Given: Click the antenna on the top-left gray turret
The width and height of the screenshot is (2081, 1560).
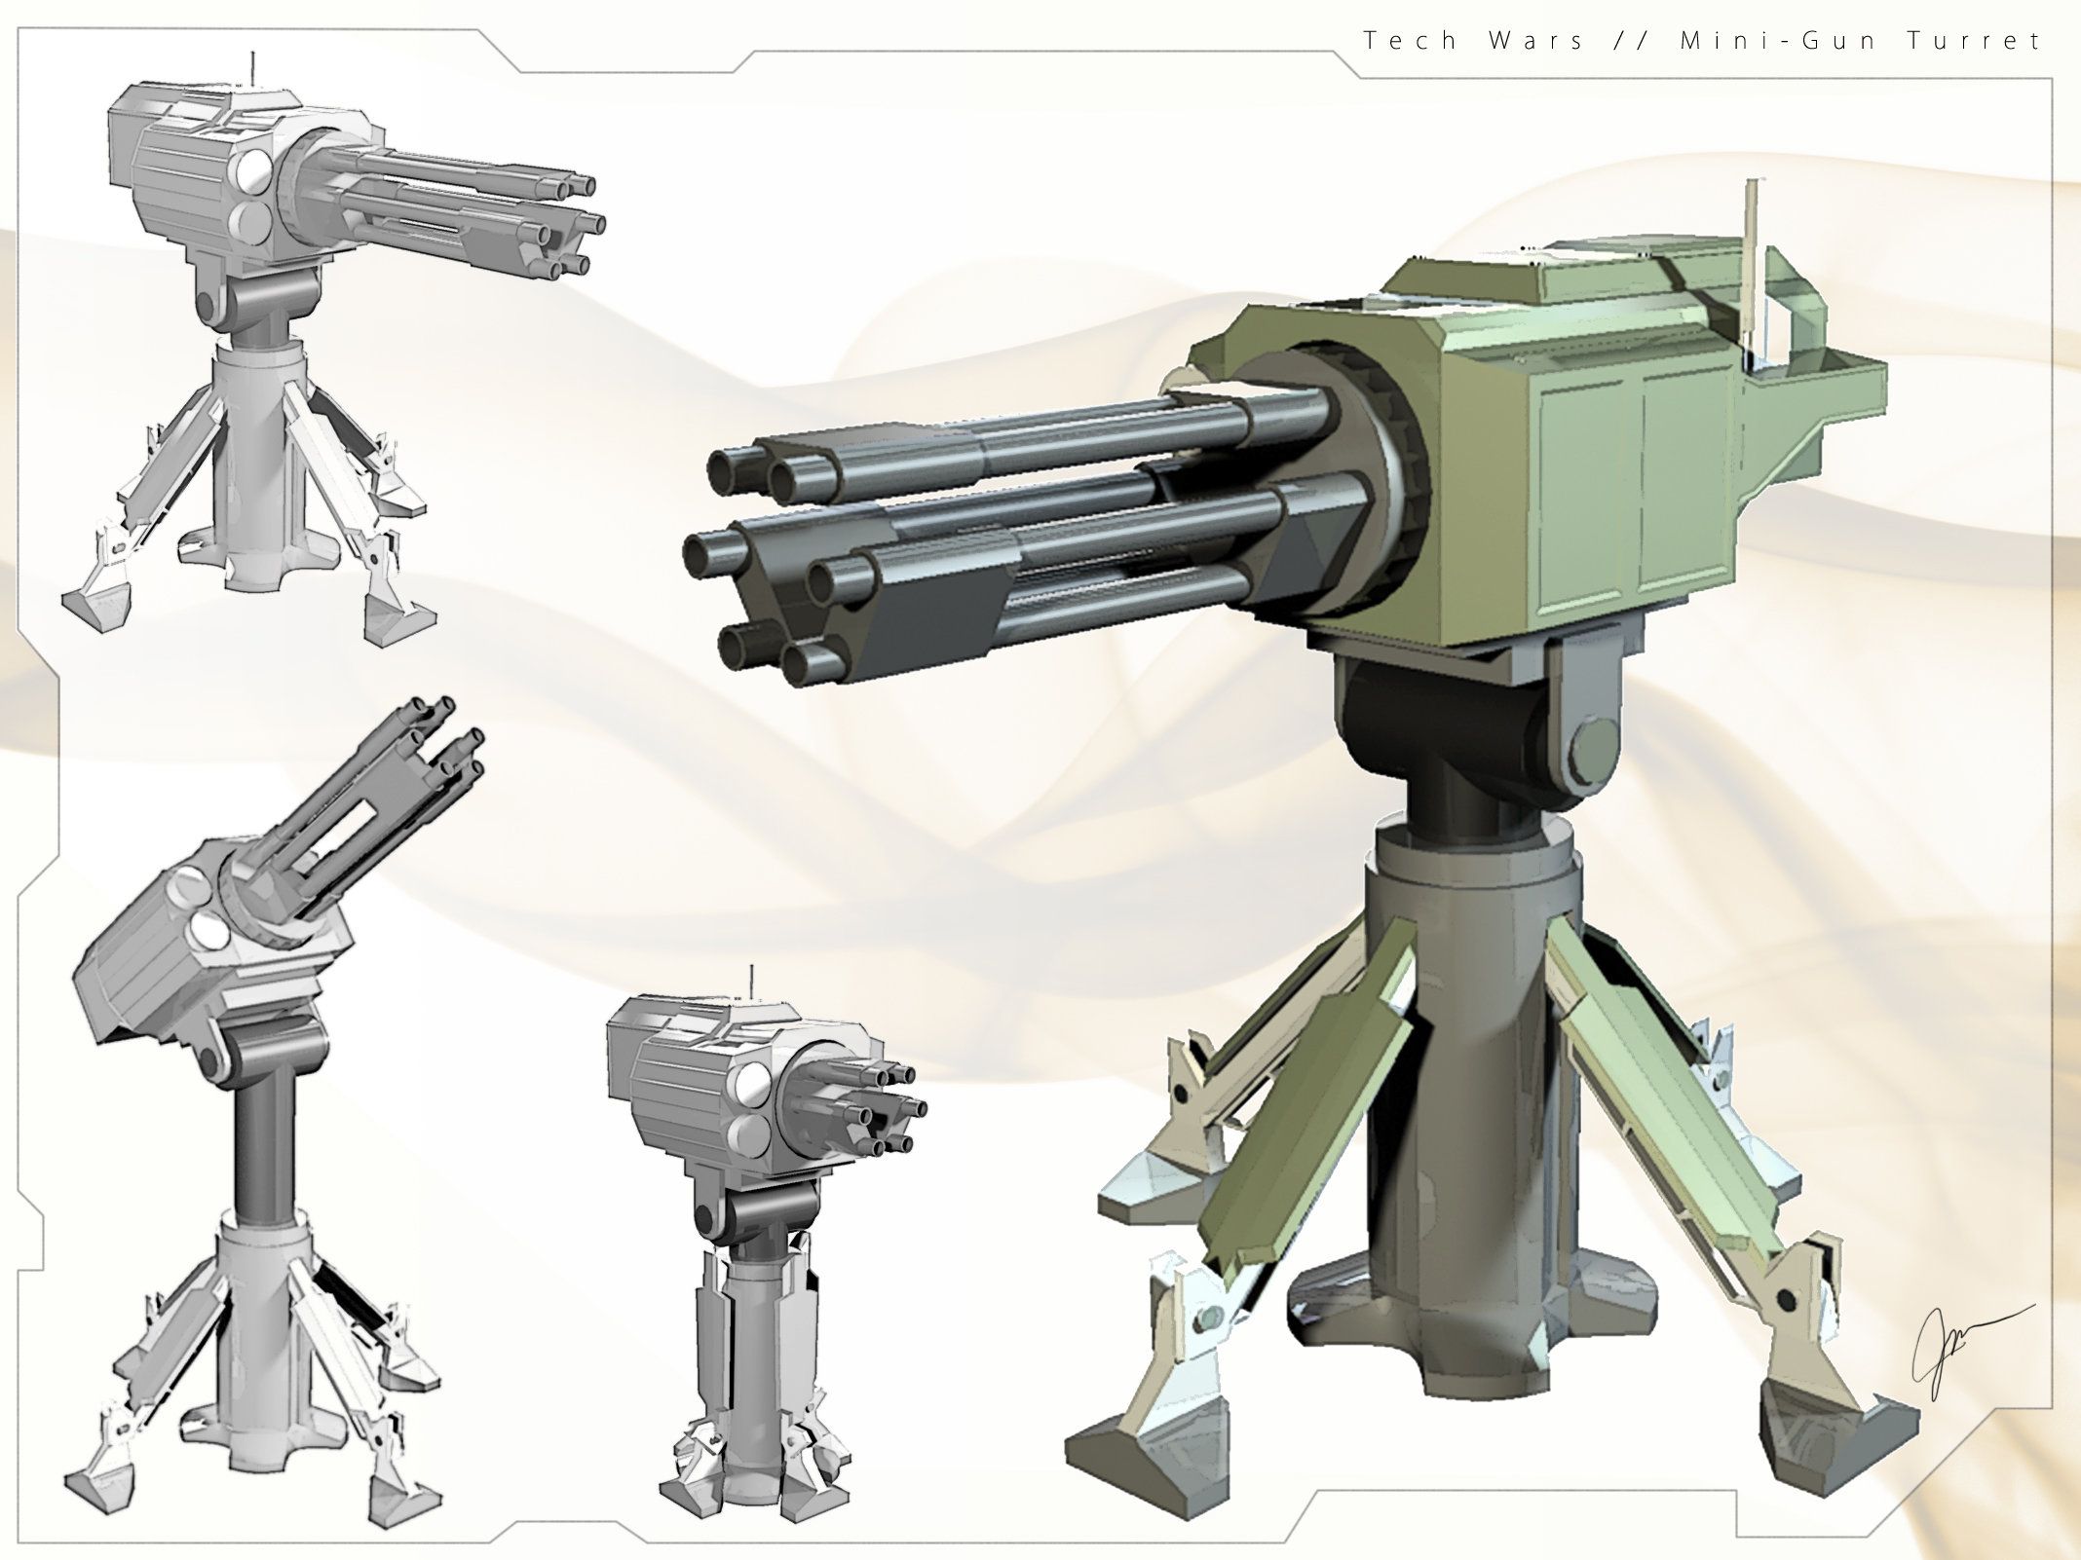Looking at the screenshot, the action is coord(252,68).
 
